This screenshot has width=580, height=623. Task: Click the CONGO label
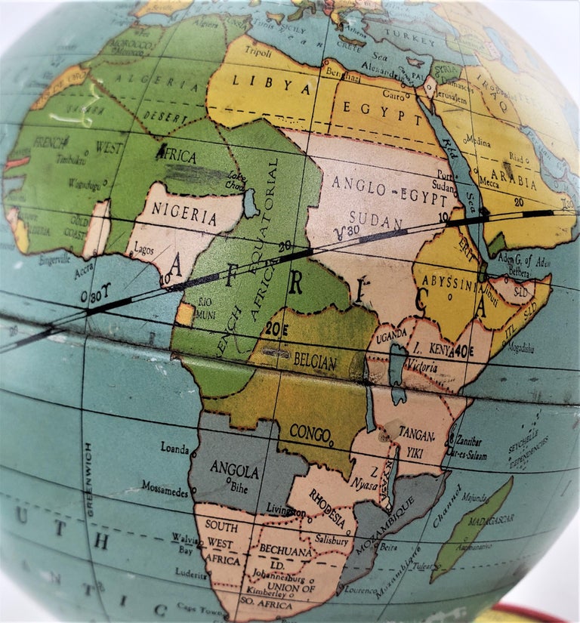tap(310, 433)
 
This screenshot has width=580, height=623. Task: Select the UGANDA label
tap(393, 333)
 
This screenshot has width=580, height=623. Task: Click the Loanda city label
tap(174, 447)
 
